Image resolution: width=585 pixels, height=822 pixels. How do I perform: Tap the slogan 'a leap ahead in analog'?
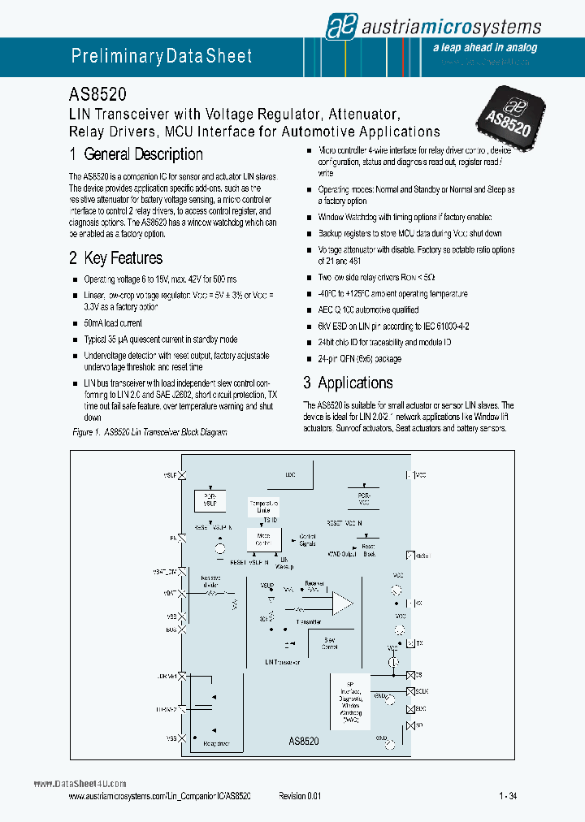[485, 48]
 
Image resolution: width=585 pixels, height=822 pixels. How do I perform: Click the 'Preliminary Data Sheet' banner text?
[162, 56]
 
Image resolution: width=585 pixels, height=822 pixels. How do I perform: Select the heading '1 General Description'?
[136, 154]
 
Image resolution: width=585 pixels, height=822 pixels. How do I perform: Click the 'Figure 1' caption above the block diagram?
[149, 432]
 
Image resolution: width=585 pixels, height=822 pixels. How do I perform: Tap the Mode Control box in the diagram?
[263, 539]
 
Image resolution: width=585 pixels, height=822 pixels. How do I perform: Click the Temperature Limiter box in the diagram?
[262, 507]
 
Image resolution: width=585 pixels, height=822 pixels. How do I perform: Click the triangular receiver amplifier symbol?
[342, 602]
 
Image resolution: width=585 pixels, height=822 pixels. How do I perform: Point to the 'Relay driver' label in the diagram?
[216, 743]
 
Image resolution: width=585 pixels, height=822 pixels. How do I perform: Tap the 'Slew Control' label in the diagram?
[329, 645]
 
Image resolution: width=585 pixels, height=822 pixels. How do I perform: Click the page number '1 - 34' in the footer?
[508, 798]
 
